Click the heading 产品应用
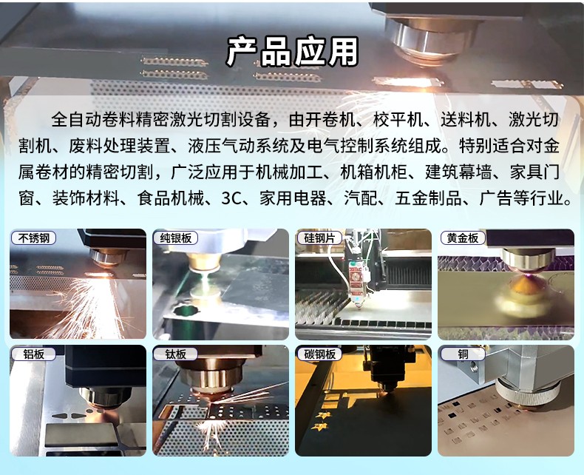coord(292,52)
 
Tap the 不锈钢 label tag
coord(33,238)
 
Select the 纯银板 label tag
coord(175,238)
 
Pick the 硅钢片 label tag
coord(319,238)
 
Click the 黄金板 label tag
coord(462,238)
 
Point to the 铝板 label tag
coord(33,354)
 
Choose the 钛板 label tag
coord(175,354)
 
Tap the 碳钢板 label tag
coord(319,354)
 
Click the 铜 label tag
coord(462,354)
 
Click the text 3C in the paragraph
coord(231,198)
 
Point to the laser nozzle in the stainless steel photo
coord(106,257)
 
